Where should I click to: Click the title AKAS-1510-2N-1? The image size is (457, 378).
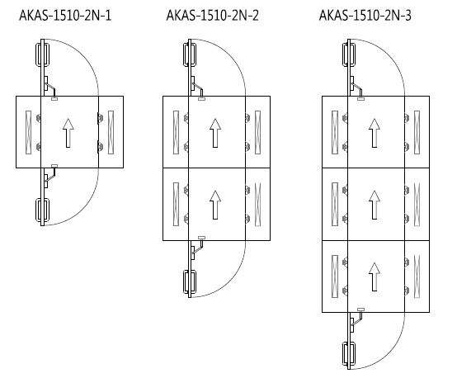65,16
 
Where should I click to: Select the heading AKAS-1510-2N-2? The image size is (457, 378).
213,16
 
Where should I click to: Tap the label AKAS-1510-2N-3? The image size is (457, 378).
365,16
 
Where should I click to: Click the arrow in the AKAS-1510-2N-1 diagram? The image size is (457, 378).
68,133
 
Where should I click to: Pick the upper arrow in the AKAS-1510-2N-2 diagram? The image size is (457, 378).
215,133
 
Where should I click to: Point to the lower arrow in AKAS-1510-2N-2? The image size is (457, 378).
215,205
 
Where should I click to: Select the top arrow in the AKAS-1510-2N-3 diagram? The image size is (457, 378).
375,133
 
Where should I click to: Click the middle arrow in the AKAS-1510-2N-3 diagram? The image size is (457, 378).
375,205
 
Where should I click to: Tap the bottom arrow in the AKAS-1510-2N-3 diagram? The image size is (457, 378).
375,276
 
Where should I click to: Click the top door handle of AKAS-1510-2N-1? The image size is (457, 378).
42,55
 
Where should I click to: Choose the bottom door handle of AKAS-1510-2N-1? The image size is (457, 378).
42,210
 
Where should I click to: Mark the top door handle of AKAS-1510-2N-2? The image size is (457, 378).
190,55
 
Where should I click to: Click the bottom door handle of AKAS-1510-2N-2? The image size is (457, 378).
190,281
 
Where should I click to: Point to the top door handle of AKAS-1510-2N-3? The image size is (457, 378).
349,55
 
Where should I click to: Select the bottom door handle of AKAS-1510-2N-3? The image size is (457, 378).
349,354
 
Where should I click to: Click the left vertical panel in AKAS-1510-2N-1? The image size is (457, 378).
29,132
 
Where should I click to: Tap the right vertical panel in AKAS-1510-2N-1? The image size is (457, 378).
111,132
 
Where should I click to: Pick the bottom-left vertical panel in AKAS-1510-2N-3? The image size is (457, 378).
335,276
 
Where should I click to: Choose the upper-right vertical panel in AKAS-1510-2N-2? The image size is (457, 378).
257,132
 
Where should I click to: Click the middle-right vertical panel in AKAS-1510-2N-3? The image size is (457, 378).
417,205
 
